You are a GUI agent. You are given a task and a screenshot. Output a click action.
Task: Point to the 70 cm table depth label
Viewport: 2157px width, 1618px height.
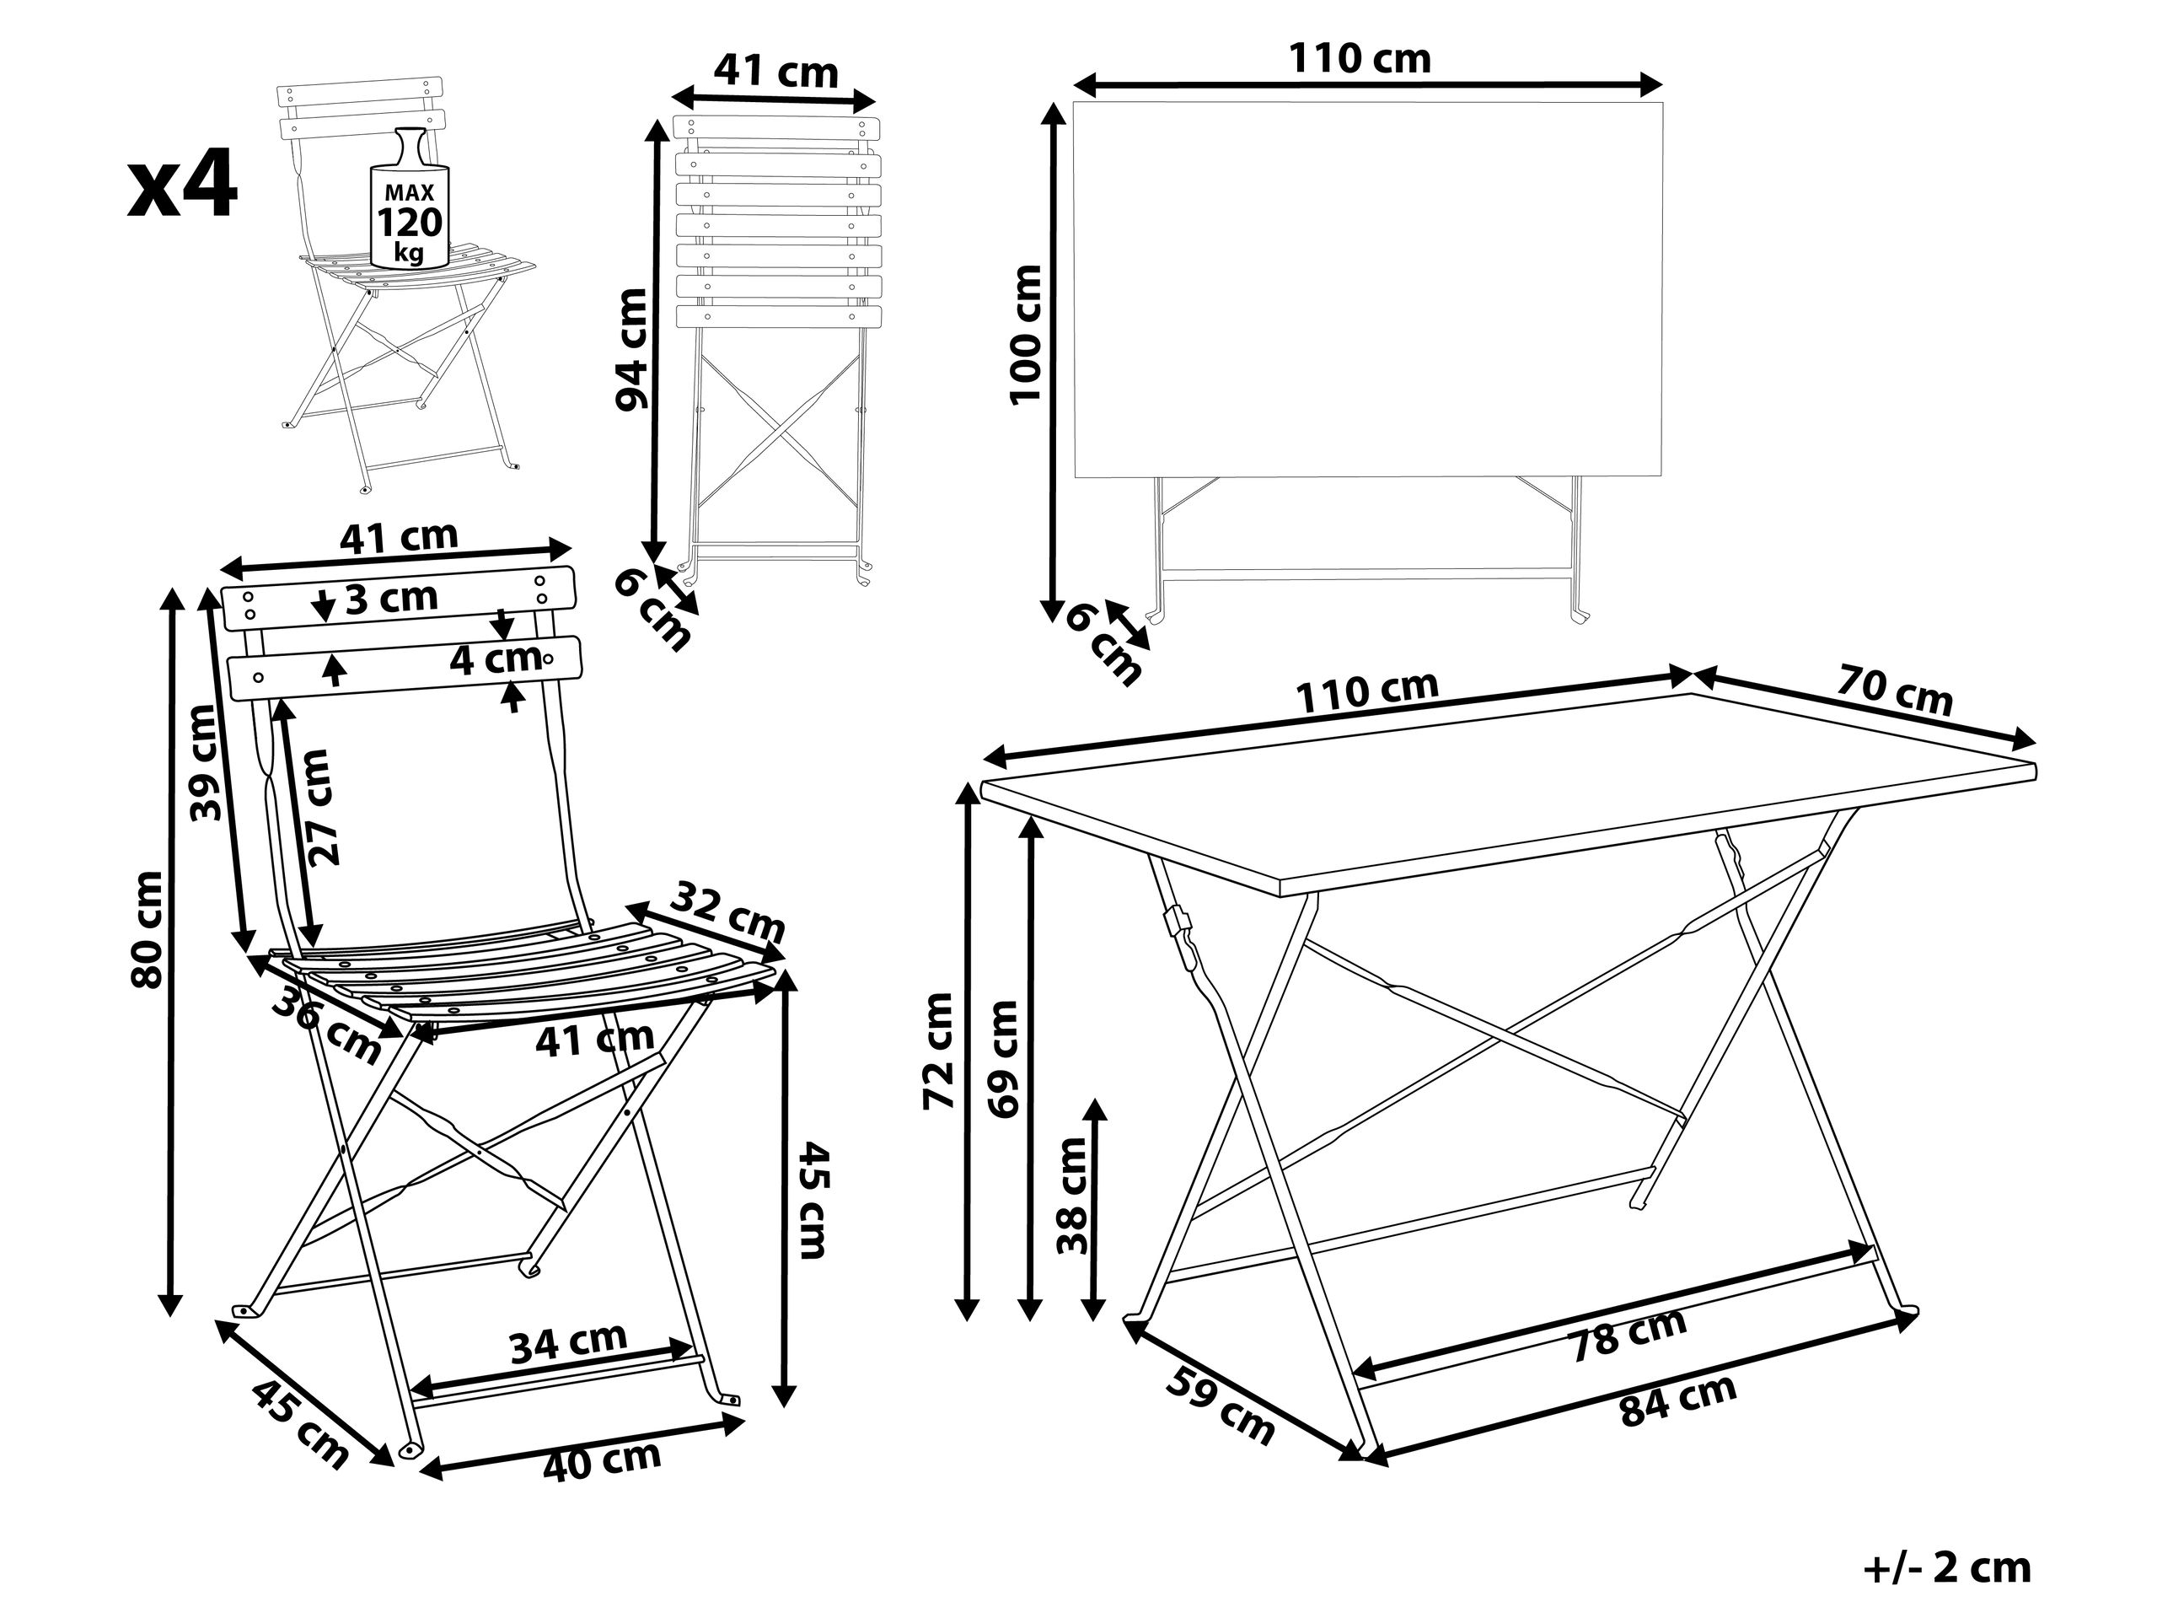tap(1895, 690)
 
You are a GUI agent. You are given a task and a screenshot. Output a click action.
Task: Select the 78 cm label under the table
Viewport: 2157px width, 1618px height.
tap(1629, 1333)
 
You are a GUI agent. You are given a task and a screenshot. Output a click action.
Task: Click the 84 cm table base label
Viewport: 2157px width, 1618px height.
tap(1677, 1400)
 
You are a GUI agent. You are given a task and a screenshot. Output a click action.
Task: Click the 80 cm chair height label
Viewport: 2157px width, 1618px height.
tap(148, 928)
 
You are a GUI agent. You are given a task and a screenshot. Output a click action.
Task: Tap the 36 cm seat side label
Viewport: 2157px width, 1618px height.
tap(325, 1025)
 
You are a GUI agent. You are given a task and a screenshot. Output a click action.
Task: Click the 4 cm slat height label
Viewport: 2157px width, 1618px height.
tap(496, 659)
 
